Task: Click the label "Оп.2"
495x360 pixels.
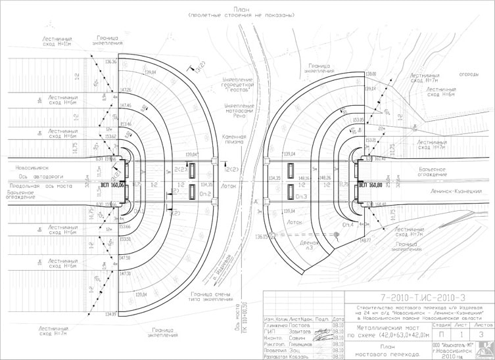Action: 204,194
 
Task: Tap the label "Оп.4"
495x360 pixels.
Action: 347,224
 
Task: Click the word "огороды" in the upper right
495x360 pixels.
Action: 467,74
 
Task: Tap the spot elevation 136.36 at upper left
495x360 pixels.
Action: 110,62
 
